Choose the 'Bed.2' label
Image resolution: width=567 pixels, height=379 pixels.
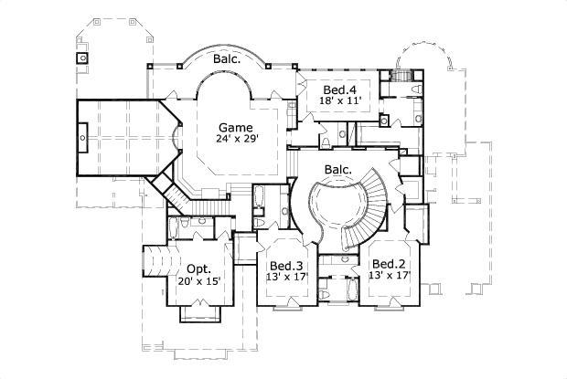[389, 263]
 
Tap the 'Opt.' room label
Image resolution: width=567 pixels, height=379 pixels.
[199, 269]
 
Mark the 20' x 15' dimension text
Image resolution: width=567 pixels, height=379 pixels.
[199, 282]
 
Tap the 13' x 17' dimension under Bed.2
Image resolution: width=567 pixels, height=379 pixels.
[389, 276]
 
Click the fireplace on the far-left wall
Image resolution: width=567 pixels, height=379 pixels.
[83, 139]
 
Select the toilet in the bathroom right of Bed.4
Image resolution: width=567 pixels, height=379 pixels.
[415, 89]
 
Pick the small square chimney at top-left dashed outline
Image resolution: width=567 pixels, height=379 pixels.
[82, 58]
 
